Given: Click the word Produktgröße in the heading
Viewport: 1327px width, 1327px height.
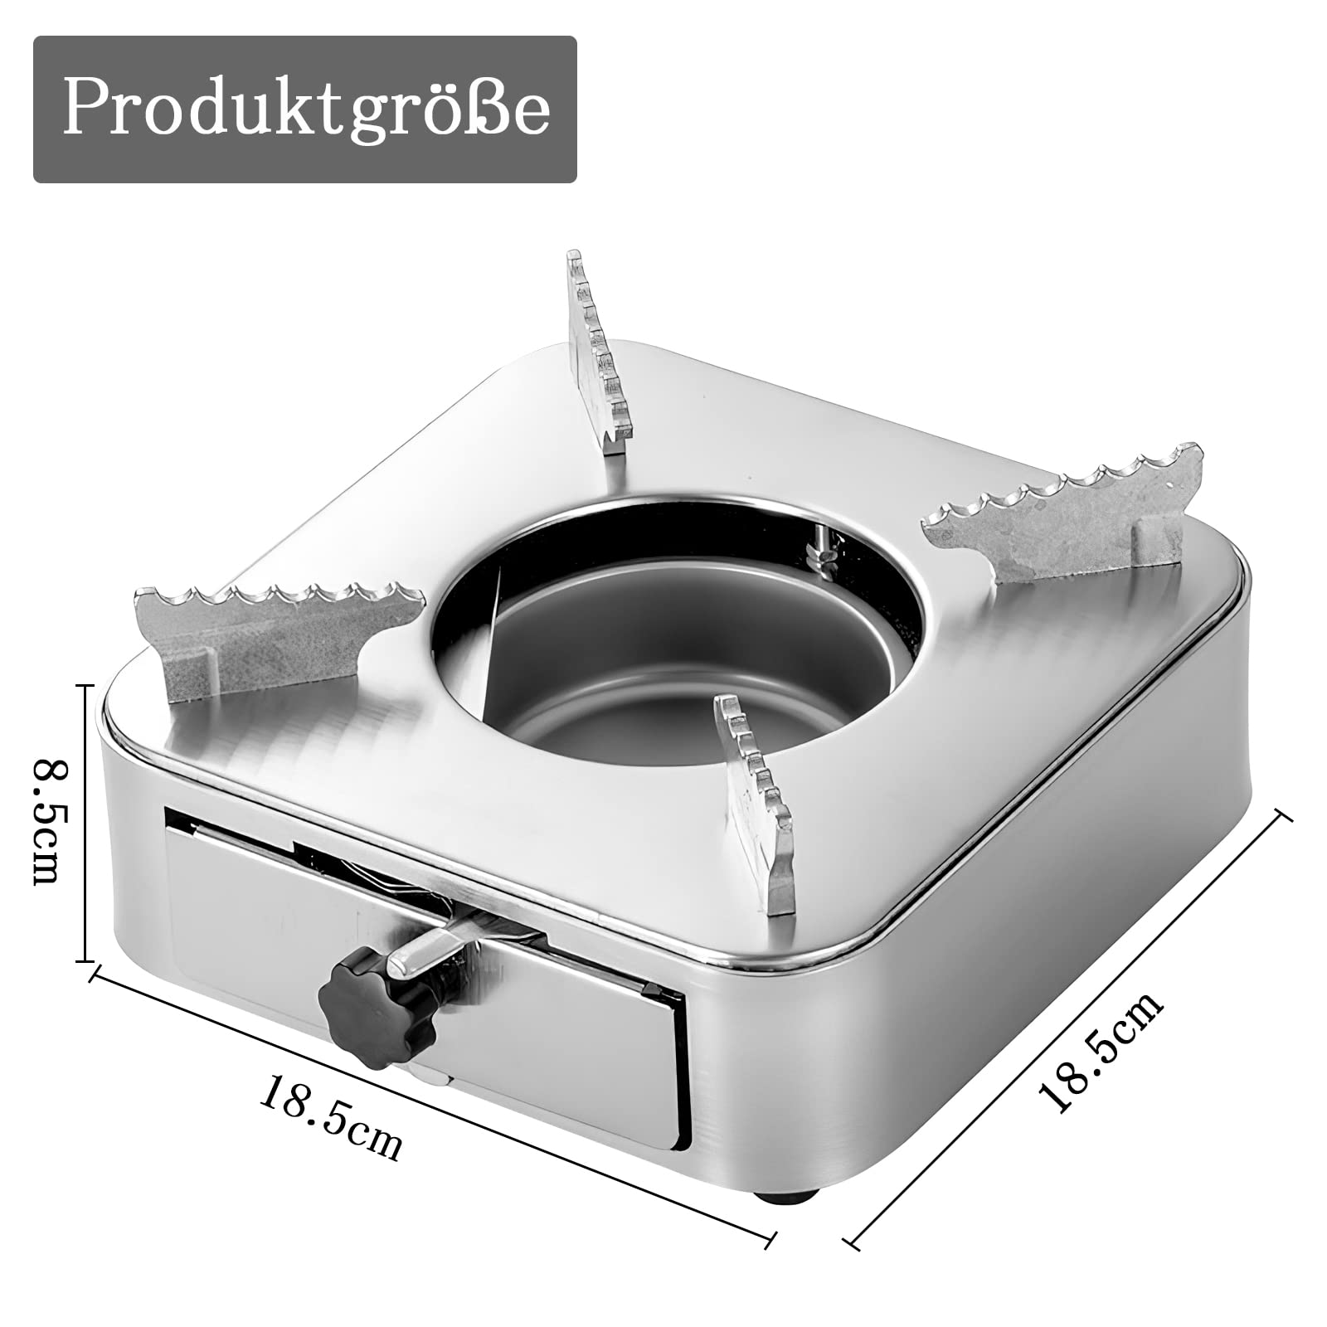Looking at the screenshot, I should [305, 109].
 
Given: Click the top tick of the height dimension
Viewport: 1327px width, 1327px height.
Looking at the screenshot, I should [84, 686].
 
